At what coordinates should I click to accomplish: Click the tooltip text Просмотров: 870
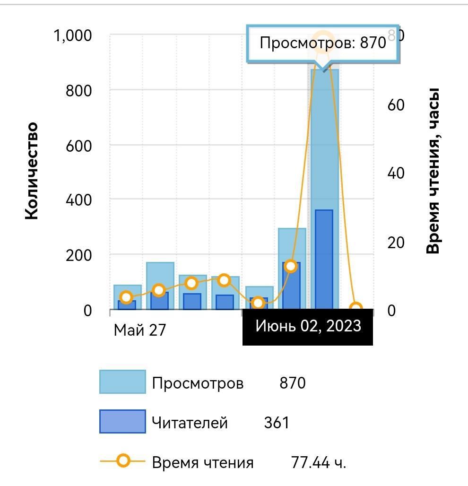click(322, 43)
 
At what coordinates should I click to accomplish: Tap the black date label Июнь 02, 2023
click(308, 326)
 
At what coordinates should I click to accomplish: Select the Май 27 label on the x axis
click(140, 330)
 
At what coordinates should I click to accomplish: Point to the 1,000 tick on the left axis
click(73, 35)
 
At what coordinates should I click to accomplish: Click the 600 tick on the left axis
click(78, 145)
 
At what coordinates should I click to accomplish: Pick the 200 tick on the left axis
click(78, 255)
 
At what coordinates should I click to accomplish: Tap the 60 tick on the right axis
click(396, 105)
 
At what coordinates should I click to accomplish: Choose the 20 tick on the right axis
click(396, 243)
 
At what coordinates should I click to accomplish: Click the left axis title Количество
click(31, 171)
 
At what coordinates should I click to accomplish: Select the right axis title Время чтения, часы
click(433, 171)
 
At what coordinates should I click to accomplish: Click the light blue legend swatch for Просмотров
click(122, 382)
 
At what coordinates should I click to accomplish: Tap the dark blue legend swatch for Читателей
click(122, 422)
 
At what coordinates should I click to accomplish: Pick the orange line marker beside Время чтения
click(123, 461)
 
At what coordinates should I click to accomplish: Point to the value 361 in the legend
click(277, 422)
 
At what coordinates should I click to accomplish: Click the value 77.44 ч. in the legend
click(319, 462)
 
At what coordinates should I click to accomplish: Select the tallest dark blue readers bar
click(324, 260)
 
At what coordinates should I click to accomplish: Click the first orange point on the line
click(126, 297)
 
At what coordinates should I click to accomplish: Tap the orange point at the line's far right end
click(355, 309)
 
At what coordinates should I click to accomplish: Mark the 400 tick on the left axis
click(78, 200)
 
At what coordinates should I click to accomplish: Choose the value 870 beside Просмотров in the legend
click(293, 382)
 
